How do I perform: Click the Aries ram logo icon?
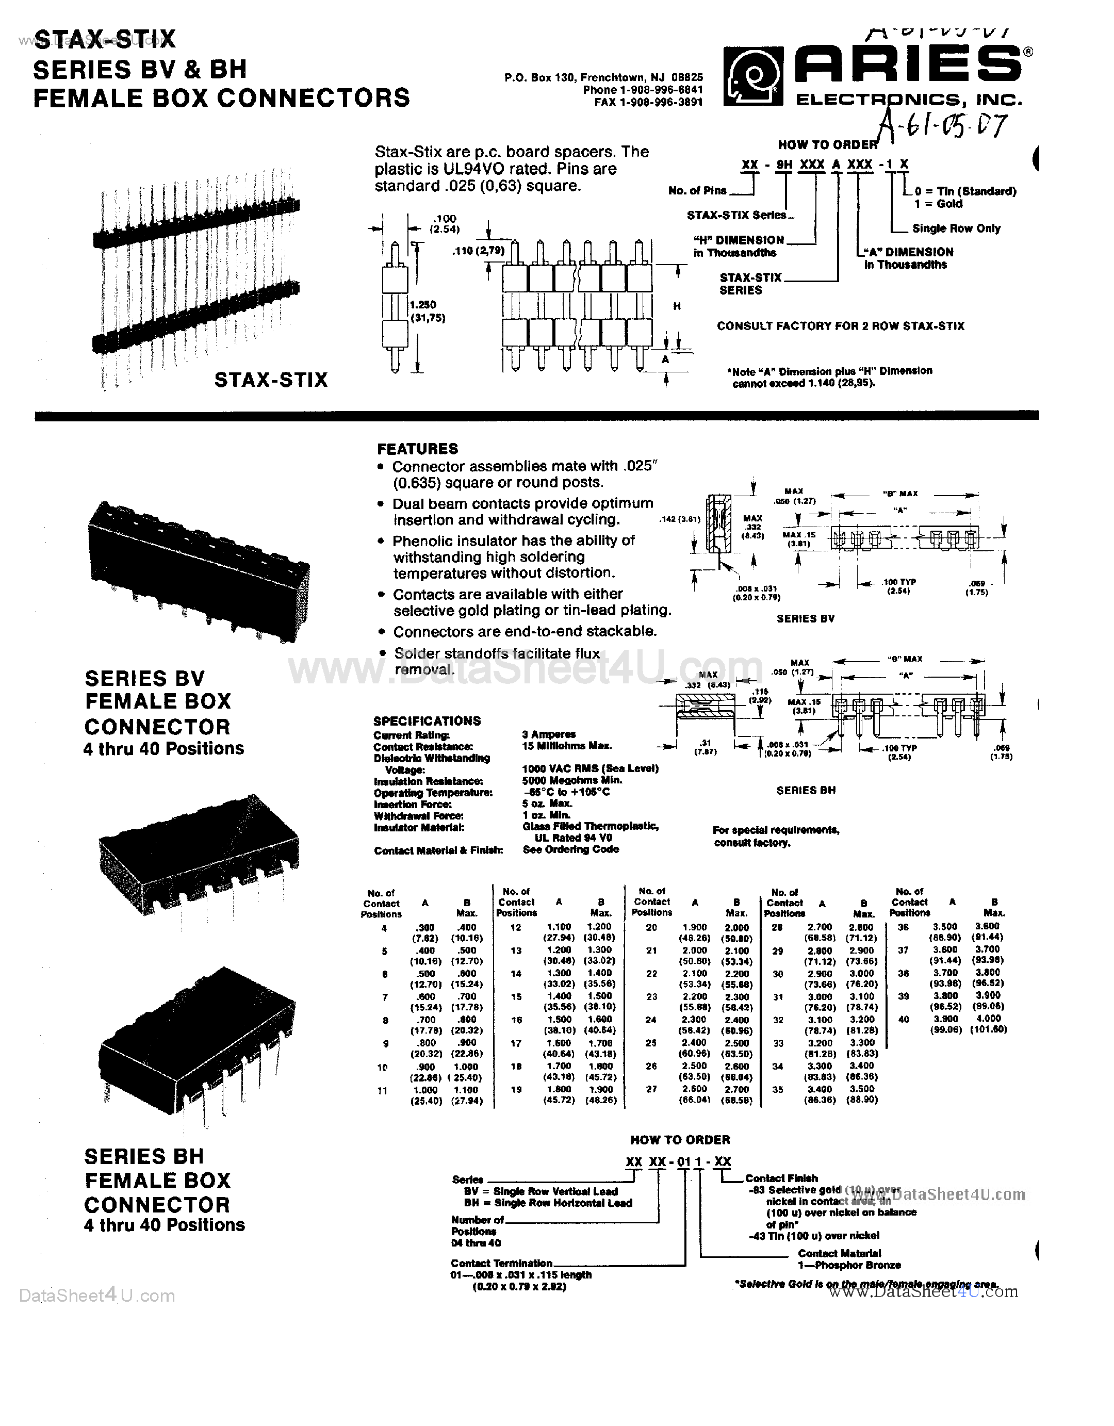point(753,78)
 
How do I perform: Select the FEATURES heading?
point(417,449)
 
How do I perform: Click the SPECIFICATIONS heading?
point(427,721)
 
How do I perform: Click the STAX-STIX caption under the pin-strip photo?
point(270,380)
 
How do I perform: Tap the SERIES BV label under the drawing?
point(805,618)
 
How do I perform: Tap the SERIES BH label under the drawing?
point(806,790)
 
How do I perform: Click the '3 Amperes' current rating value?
point(549,734)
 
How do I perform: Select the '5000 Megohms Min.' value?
point(572,780)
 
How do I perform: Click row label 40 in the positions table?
point(903,1019)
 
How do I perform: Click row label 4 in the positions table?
point(384,928)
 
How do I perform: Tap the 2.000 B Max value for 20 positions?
point(736,928)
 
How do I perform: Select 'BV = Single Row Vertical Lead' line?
point(540,1191)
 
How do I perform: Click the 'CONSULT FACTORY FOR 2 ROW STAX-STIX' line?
point(840,326)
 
